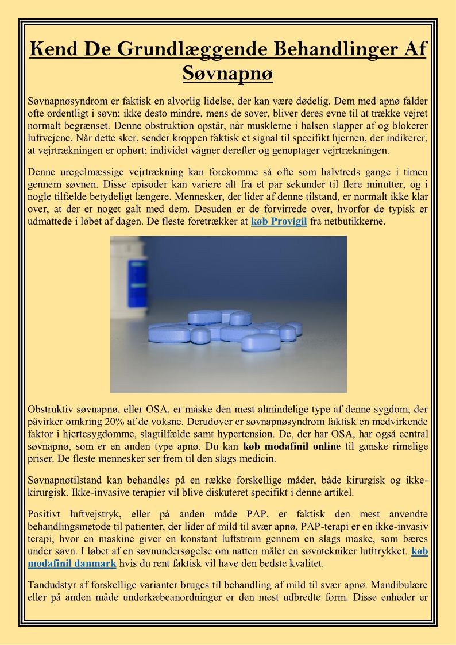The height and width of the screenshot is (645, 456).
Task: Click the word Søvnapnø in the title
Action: click(x=227, y=74)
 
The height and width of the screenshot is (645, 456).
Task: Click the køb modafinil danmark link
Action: click(x=72, y=563)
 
